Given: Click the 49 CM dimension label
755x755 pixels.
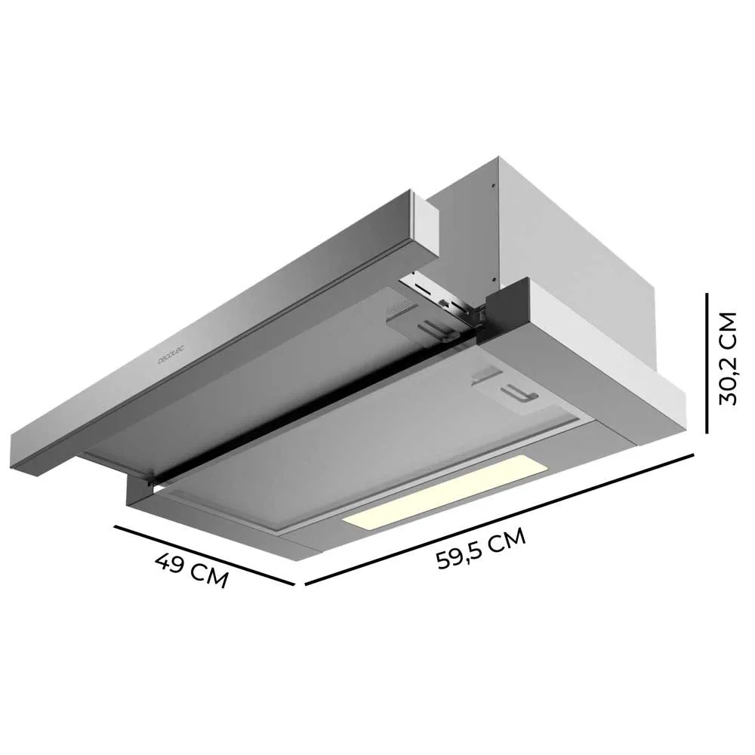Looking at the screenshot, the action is tap(192, 569).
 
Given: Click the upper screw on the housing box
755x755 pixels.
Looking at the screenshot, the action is tap(492, 185).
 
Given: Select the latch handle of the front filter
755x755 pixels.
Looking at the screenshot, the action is tap(519, 394).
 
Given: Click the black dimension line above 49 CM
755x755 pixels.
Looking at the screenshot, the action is tap(204, 556).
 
